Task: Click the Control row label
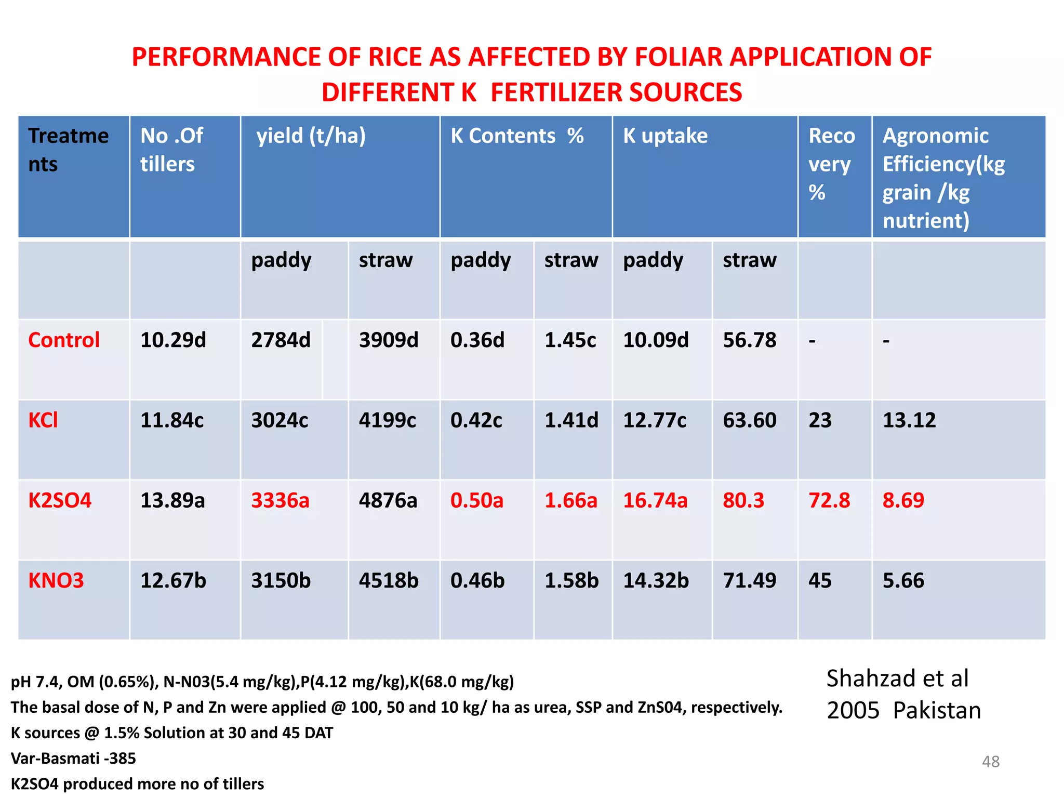pyautogui.click(x=64, y=340)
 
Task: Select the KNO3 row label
pyautogui.click(x=56, y=580)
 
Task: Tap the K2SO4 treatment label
pyautogui.click(x=60, y=500)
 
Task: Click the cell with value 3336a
pyautogui.click(x=280, y=500)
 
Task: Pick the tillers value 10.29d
pyautogui.click(x=173, y=340)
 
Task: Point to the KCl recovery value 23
pyautogui.click(x=820, y=420)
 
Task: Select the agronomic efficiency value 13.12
pyautogui.click(x=909, y=420)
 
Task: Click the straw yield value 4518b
pyautogui.click(x=389, y=580)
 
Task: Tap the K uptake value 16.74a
pyautogui.click(x=655, y=500)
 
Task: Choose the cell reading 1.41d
pyautogui.click(x=571, y=420)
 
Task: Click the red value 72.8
pyautogui.click(x=829, y=500)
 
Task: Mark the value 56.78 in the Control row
pyautogui.click(x=749, y=340)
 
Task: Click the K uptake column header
pyautogui.click(x=665, y=136)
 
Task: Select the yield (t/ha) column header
pyautogui.click(x=311, y=136)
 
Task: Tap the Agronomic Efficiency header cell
pyautogui.click(x=943, y=177)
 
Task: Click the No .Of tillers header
pyautogui.click(x=171, y=150)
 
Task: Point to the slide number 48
pyautogui.click(x=990, y=762)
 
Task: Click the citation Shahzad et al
pyautogui.click(x=897, y=679)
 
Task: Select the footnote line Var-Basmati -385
pyautogui.click(x=73, y=759)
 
